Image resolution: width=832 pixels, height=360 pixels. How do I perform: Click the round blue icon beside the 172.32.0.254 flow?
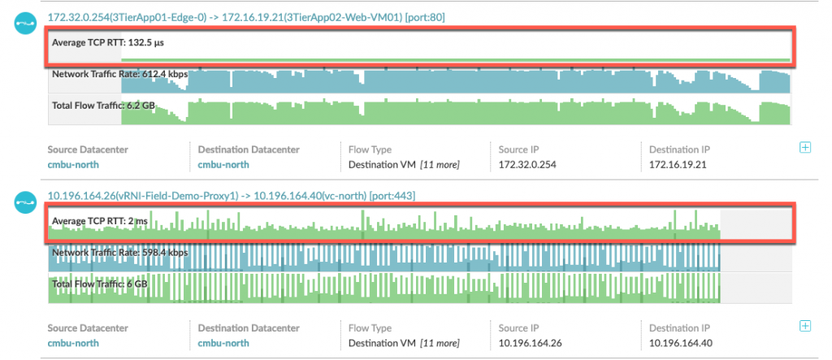pos(26,22)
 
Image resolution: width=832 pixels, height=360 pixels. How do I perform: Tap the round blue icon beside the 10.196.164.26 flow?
pos(26,200)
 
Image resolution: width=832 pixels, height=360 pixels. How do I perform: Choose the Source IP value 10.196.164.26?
pos(528,342)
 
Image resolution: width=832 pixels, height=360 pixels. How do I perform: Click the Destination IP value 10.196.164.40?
pos(681,342)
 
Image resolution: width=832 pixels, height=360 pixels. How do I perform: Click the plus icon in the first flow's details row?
pos(805,148)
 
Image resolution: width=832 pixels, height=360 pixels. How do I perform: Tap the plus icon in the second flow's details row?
pos(805,326)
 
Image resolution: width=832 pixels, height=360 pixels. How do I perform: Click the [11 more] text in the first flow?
pos(440,164)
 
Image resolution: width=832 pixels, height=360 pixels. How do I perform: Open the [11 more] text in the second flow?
pos(440,342)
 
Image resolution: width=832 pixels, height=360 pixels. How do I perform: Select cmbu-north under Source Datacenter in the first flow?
pos(73,164)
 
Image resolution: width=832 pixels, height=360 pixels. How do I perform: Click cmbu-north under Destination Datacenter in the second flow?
pos(223,342)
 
